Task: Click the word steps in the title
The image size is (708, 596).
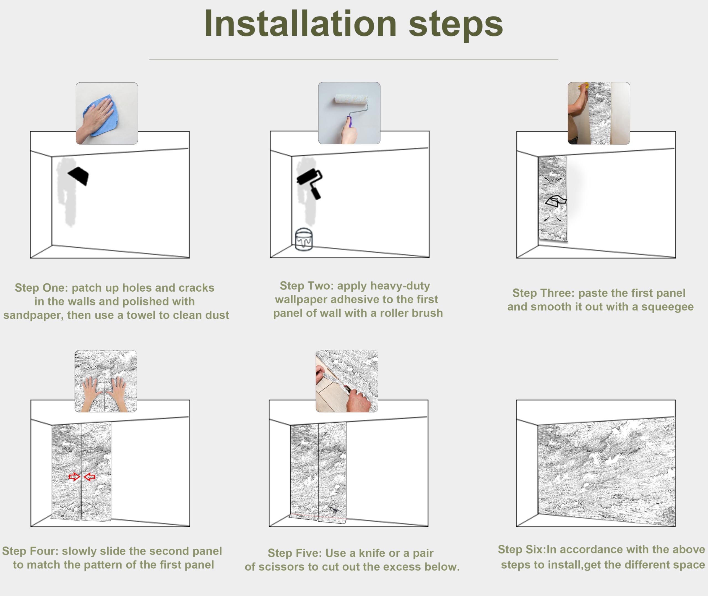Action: pyautogui.click(x=456, y=26)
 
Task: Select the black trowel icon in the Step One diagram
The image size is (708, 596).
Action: pyautogui.click(x=78, y=176)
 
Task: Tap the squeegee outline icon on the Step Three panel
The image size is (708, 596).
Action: pyautogui.click(x=556, y=201)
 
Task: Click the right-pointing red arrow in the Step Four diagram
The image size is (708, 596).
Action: pyautogui.click(x=74, y=477)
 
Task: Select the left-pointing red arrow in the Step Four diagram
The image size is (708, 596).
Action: pyautogui.click(x=90, y=477)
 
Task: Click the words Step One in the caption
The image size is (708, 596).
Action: pyautogui.click(x=41, y=288)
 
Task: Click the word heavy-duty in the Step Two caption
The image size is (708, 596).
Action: pyautogui.click(x=384, y=286)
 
